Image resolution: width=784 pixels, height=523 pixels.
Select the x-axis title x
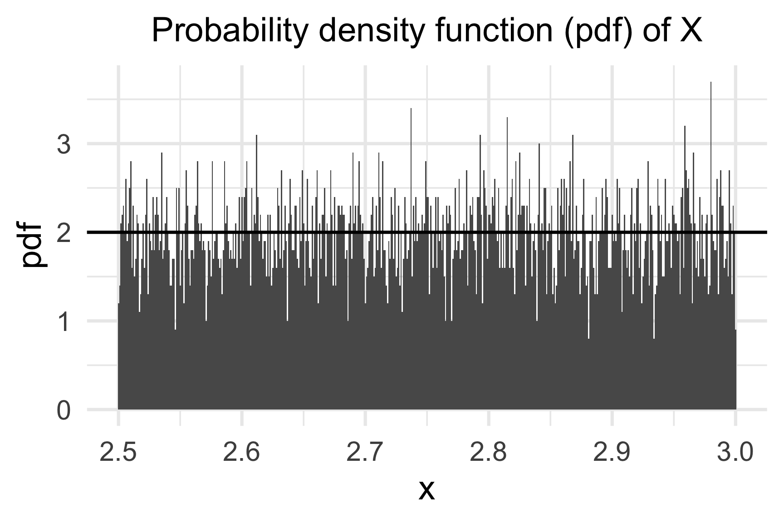click(426, 490)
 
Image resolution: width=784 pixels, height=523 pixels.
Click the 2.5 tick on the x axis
click(118, 453)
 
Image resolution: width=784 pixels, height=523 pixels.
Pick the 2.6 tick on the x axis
click(242, 453)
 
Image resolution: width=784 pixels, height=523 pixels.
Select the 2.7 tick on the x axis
click(365, 453)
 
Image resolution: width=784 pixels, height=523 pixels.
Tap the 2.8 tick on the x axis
click(489, 453)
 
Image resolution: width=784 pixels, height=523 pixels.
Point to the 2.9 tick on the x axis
click(612, 453)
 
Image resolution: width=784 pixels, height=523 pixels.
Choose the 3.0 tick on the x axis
click(735, 453)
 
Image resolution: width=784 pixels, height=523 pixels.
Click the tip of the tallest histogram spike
click(711, 83)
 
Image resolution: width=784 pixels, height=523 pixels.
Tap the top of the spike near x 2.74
click(411, 109)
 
